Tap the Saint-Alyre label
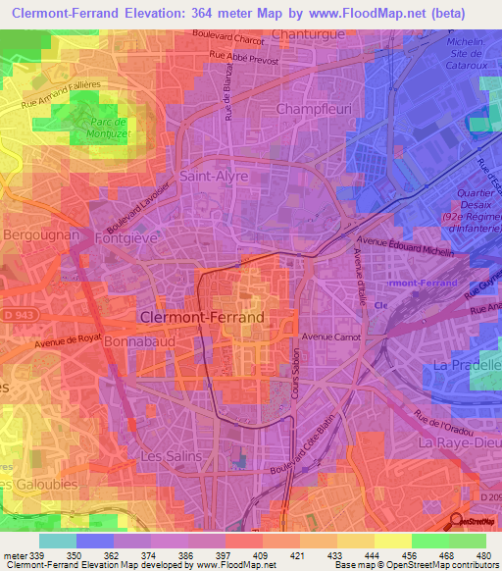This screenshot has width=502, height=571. tap(214, 177)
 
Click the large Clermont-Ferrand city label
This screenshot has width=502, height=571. tap(202, 318)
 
